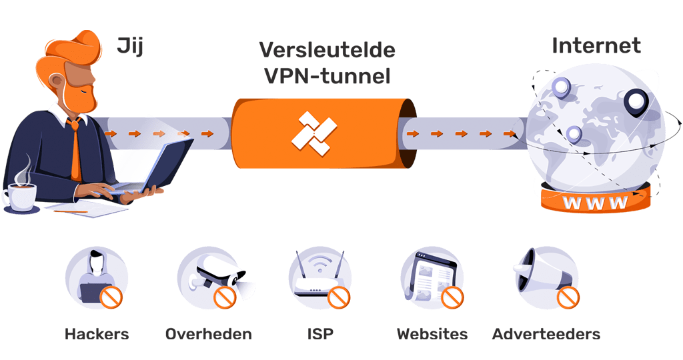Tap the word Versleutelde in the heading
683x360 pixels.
[x=327, y=50]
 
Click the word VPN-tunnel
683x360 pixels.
[x=327, y=76]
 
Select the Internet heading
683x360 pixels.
[x=596, y=46]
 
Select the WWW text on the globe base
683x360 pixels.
[x=595, y=202]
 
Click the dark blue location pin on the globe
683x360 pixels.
[x=636, y=102]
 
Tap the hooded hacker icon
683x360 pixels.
[x=95, y=276]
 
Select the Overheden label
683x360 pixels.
[x=208, y=333]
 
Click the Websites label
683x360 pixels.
[x=432, y=333]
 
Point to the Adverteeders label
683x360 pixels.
[x=546, y=333]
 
